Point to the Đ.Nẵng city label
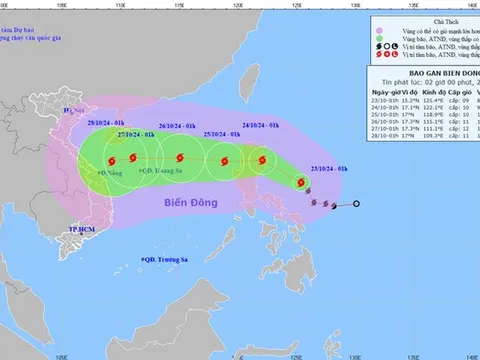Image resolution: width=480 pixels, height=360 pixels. point(108,172)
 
